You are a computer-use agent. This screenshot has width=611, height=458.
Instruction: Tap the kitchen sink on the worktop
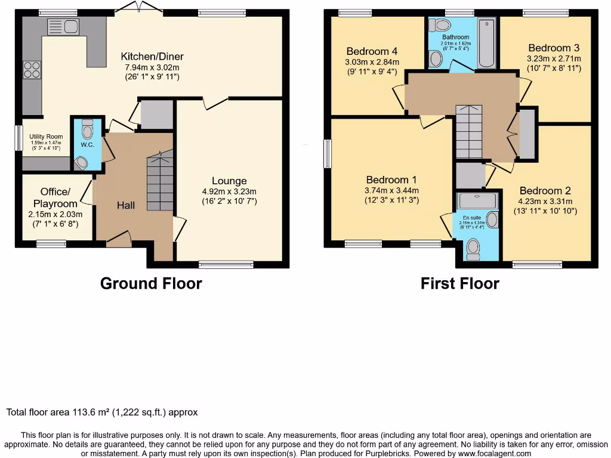[63, 27]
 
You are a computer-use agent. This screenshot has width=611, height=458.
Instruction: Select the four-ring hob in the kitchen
[32, 70]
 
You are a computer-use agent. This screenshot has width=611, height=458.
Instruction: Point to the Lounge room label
[229, 181]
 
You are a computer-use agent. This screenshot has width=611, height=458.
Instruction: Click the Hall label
[125, 205]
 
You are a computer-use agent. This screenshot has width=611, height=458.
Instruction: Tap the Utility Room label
[46, 137]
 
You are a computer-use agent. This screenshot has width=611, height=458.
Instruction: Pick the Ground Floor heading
[150, 283]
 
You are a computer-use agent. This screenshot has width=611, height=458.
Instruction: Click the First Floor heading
[459, 283]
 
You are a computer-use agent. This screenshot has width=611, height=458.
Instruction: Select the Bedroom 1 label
[391, 180]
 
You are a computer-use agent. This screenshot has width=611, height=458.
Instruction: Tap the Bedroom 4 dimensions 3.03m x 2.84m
[372, 62]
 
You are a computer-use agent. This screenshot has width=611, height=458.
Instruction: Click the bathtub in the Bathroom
[487, 43]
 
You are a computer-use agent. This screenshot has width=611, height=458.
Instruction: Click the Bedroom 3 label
[550, 48]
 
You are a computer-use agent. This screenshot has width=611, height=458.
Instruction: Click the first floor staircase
[468, 131]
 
